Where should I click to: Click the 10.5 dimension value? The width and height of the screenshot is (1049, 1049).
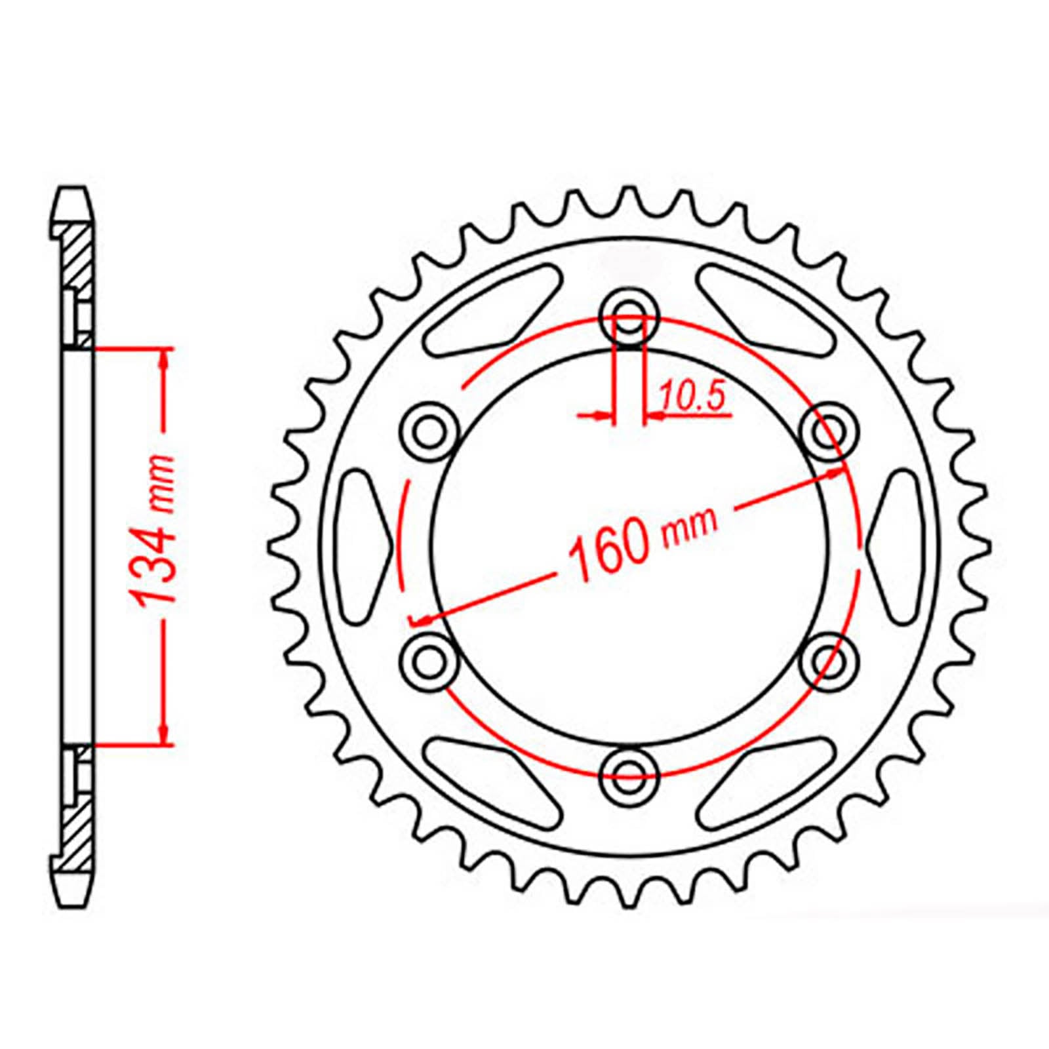tap(692, 398)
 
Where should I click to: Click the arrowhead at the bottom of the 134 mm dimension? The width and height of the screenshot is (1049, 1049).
tap(165, 736)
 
